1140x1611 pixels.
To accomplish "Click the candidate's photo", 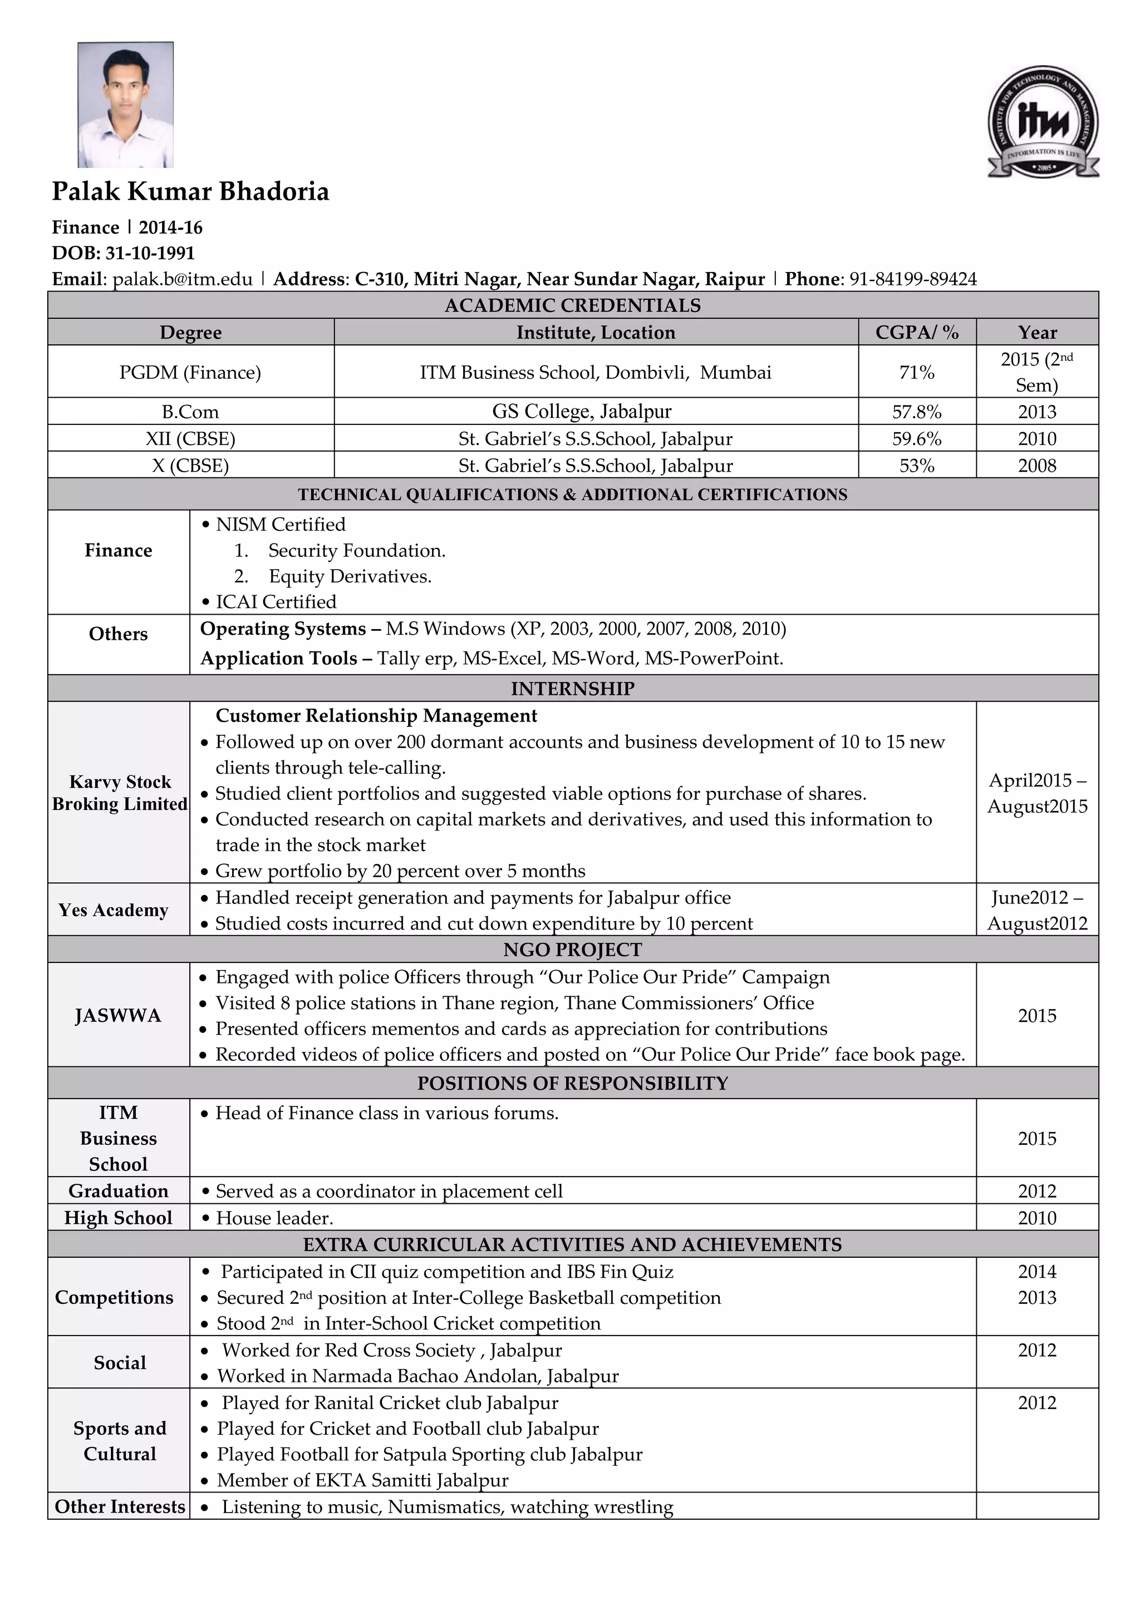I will click(x=126, y=105).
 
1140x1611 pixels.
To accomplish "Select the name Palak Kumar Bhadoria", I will click(x=190, y=191).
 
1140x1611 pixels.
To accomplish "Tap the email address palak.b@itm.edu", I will click(x=183, y=279).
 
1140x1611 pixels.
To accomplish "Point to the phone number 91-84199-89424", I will click(x=912, y=279).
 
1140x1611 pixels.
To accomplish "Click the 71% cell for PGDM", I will click(x=916, y=373).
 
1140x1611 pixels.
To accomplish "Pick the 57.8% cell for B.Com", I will click(x=916, y=412).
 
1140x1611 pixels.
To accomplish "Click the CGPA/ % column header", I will click(x=916, y=333).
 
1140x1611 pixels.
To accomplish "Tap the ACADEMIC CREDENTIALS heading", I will click(x=573, y=306).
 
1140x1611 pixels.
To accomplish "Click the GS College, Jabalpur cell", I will click(x=581, y=412).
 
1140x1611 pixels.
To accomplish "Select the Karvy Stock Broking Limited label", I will click(x=119, y=793).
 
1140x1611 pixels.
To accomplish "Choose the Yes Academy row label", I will click(x=114, y=910).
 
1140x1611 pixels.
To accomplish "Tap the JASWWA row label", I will click(x=118, y=1016).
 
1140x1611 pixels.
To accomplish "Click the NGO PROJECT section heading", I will click(x=573, y=950).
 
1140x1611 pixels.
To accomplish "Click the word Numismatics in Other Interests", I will click(x=446, y=1507).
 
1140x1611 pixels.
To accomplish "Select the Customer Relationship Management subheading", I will click(x=376, y=716).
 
